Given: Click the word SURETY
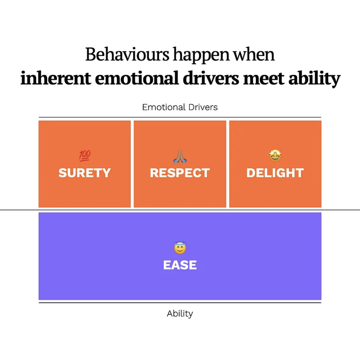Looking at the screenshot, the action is pos(84,173).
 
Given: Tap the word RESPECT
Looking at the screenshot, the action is pos(180,173).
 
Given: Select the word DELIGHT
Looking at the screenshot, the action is pos(275,173).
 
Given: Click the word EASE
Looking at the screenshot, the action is pos(180,265).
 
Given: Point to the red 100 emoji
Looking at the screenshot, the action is pos(85,155).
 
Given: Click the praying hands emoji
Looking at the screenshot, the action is pos(180,156).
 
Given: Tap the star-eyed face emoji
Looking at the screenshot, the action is pos(275,156).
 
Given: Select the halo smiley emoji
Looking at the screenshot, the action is pos(180,248).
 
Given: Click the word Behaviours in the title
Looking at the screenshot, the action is pos(127,55).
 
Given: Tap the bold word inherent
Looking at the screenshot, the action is pos(56,78).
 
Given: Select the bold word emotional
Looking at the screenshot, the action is pos(137,78).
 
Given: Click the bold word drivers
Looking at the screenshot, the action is pos(211,78).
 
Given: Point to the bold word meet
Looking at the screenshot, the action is pos(264,78).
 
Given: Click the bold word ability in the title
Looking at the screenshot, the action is pos(314,79).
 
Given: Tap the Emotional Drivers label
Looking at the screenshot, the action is pos(180,107).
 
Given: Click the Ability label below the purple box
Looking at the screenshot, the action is pos(180,313).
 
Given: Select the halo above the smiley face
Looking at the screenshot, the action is pos(180,244).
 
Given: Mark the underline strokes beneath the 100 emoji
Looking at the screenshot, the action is pos(84,160).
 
